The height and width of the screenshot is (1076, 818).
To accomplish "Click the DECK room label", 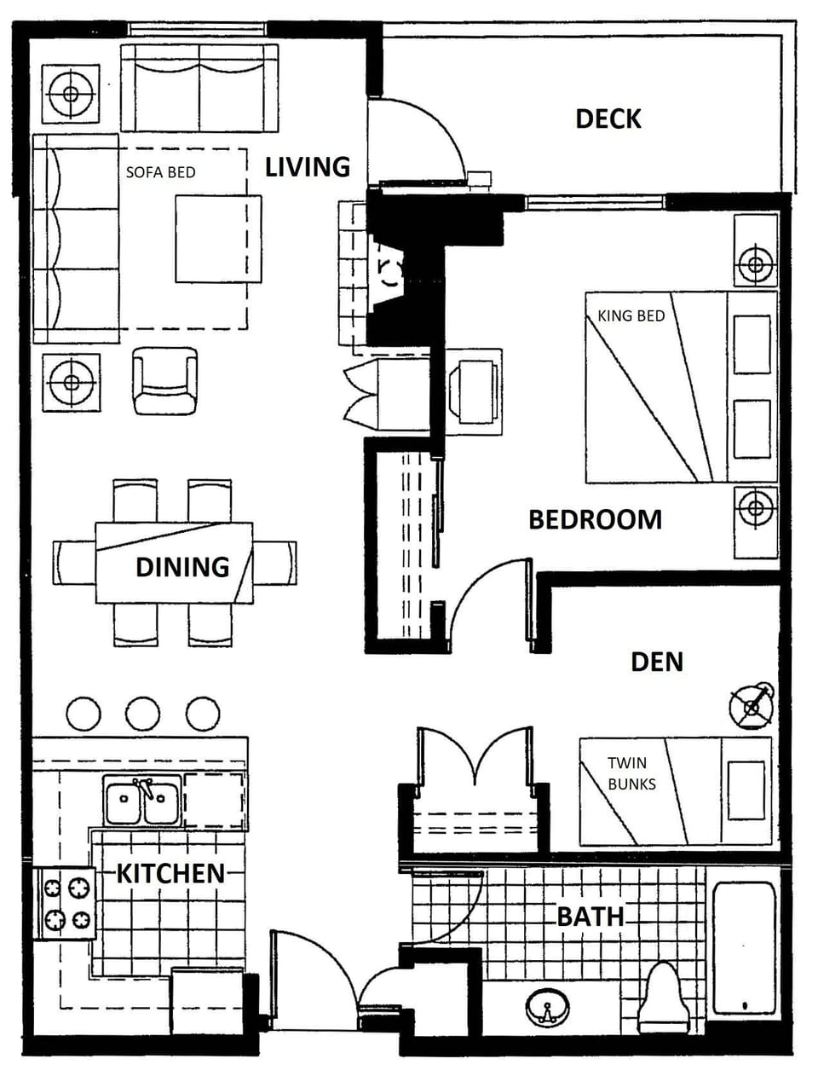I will (x=608, y=119).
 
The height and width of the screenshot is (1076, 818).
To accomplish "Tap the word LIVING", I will (x=308, y=167).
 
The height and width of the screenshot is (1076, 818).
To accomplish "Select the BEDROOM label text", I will (x=595, y=519).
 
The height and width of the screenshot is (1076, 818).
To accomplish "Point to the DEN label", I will (x=656, y=662).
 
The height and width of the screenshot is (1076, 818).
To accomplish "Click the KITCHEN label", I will (x=170, y=873).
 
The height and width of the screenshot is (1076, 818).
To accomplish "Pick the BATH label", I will (x=590, y=917).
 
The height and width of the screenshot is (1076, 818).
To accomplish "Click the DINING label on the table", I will (x=182, y=567).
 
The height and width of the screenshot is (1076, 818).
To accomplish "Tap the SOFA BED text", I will (x=160, y=172).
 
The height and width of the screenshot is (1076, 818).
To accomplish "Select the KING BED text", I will (x=631, y=315).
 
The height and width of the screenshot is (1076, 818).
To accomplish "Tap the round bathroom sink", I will (x=547, y=1009).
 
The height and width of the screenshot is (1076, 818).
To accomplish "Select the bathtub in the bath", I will (x=744, y=949).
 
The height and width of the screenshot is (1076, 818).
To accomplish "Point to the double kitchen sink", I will (x=142, y=801).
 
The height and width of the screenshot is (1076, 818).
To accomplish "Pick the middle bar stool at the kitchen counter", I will (x=143, y=714).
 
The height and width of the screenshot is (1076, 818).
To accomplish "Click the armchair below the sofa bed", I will (x=164, y=380).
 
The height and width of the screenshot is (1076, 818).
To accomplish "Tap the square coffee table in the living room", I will (x=218, y=239).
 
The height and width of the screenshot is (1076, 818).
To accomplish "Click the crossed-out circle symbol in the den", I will (x=752, y=706).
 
